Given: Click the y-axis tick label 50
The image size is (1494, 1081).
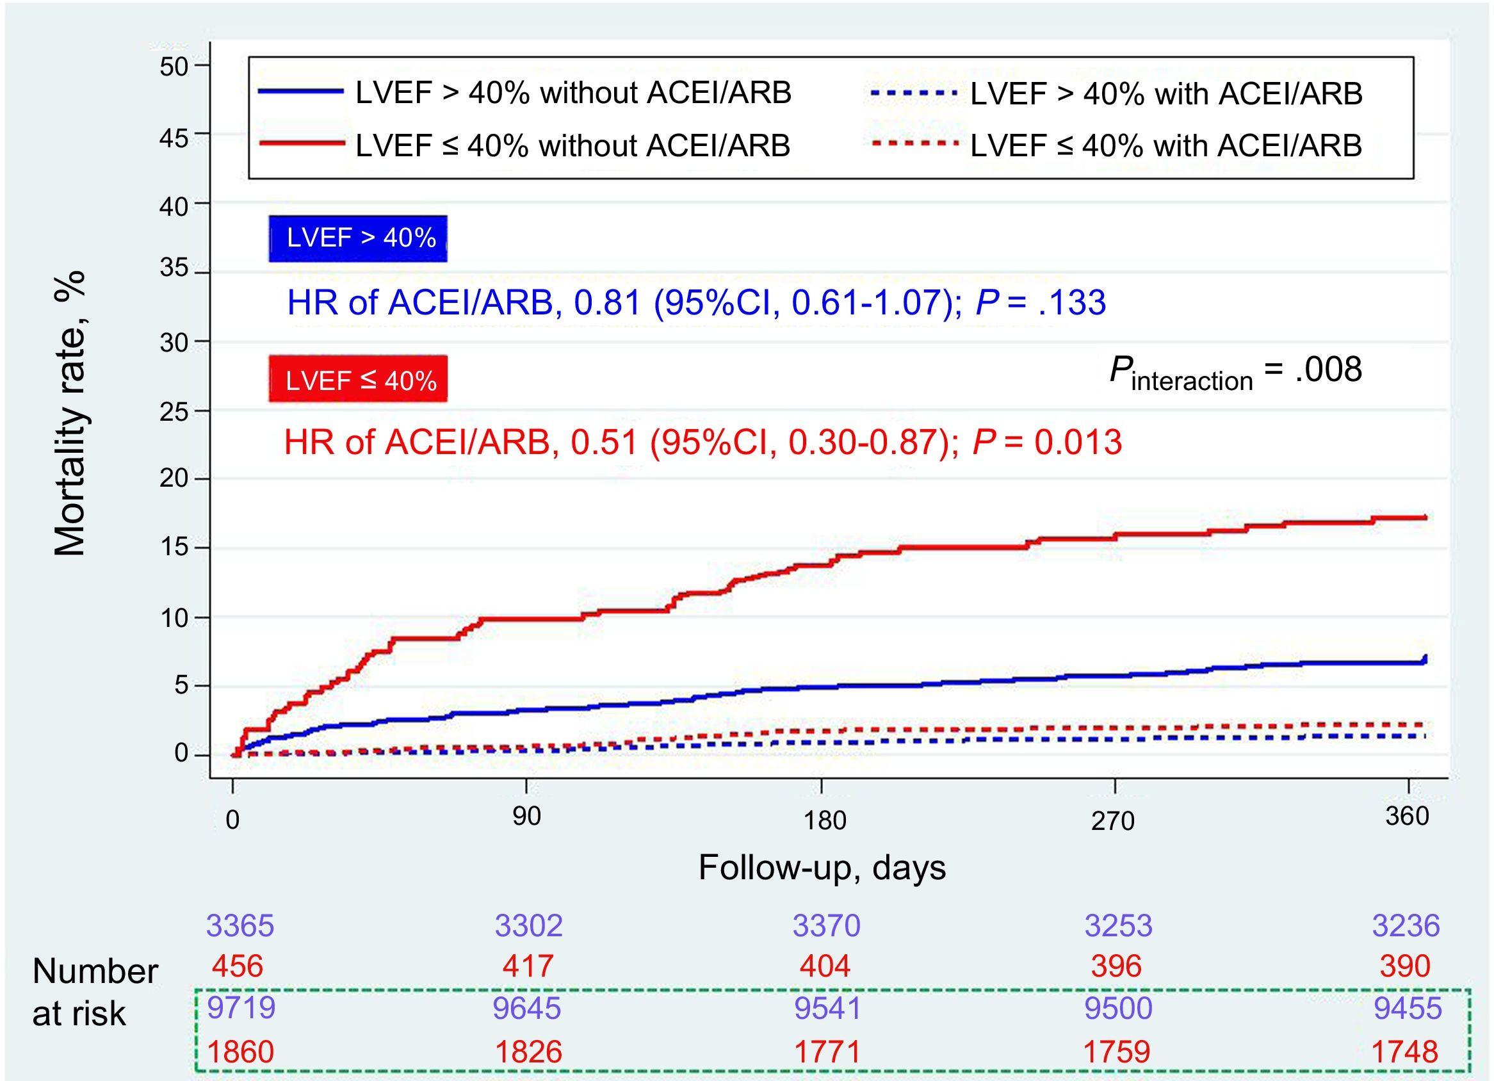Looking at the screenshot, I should (x=173, y=67).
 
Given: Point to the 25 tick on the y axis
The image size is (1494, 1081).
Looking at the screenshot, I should (x=173, y=412).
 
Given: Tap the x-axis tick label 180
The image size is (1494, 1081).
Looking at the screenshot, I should (x=824, y=821).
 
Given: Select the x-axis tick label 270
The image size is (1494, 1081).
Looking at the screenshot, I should (x=1112, y=821).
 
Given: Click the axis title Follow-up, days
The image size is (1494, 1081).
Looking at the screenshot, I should (x=822, y=867).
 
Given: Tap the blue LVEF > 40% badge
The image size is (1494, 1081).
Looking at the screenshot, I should (x=359, y=238).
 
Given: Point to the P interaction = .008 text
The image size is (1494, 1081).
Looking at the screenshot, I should (x=1235, y=371).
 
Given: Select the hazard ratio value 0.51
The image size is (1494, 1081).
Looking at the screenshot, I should (x=604, y=442).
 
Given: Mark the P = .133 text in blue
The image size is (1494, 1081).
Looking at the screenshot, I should (x=1040, y=303).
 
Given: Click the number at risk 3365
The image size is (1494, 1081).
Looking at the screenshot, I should (x=240, y=925).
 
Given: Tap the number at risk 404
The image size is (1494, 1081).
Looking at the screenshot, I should (x=825, y=966).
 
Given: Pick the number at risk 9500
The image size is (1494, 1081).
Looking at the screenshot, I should (x=1118, y=1008).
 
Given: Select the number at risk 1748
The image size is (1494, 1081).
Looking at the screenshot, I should (x=1405, y=1052).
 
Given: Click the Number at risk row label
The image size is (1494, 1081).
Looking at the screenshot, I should (x=95, y=992).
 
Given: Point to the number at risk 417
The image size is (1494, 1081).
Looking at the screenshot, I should (x=528, y=966).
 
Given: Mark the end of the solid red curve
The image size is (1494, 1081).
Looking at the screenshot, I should (x=1425, y=517).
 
